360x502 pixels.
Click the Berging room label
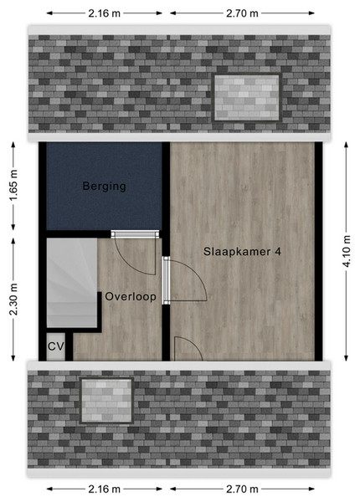coord(104,186)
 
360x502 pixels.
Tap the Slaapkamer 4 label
coord(242,252)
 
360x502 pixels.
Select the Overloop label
coord(131,297)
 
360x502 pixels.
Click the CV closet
coord(56,346)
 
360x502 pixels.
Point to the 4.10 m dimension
coord(347,252)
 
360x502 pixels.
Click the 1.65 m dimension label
coord(13,186)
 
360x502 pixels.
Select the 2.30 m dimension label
coord(13,300)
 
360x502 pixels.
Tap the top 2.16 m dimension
coord(105,13)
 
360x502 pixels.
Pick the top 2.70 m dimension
coord(242,13)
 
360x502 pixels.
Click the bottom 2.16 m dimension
coord(105,489)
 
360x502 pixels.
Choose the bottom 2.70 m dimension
coord(242,489)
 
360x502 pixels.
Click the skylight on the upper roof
coord(247,98)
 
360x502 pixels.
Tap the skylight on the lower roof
coord(106,401)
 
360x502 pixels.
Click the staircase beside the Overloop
coord(72,283)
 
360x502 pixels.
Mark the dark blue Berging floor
coord(104,186)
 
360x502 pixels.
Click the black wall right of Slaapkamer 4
coord(318,252)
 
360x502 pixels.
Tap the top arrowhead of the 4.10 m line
coord(347,145)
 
